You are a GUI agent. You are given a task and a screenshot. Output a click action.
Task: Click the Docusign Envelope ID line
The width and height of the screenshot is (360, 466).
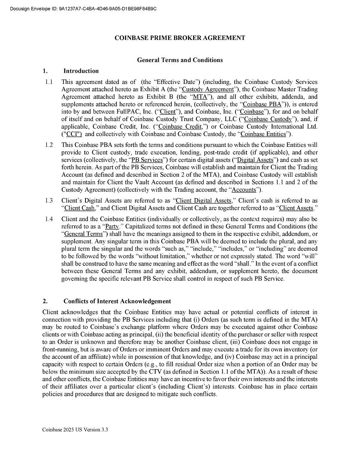pyautogui.click(x=83, y=8)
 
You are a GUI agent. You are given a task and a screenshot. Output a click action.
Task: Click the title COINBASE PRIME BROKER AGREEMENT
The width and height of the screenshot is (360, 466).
pyautogui.click(x=180, y=38)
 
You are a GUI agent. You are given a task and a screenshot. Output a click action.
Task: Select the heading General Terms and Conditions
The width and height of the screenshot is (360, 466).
pyautogui.click(x=180, y=60)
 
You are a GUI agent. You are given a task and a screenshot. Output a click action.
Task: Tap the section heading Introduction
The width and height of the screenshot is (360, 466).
pyautogui.click(x=81, y=71)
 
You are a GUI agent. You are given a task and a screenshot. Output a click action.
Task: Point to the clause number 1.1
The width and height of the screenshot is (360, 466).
pyautogui.click(x=49, y=82)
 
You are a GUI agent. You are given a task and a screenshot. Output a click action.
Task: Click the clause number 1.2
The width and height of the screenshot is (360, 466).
pyautogui.click(x=49, y=145)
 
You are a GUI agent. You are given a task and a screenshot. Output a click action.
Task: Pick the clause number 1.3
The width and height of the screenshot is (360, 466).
pyautogui.click(x=49, y=201)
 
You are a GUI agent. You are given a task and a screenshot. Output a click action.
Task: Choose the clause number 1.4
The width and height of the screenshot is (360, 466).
pyautogui.click(x=49, y=219)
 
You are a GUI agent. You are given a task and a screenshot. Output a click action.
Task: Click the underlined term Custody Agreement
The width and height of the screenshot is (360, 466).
pyautogui.click(x=208, y=89)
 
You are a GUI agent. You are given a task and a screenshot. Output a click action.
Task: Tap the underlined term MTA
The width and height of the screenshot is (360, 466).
pyautogui.click(x=200, y=97)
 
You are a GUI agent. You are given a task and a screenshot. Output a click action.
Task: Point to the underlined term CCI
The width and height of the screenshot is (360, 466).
pyautogui.click(x=72, y=134)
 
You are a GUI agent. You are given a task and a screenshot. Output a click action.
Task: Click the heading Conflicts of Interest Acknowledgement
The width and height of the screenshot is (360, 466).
pyautogui.click(x=117, y=301)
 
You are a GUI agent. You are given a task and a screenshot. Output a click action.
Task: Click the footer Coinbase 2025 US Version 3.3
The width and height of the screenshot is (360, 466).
pyautogui.click(x=75, y=430)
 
